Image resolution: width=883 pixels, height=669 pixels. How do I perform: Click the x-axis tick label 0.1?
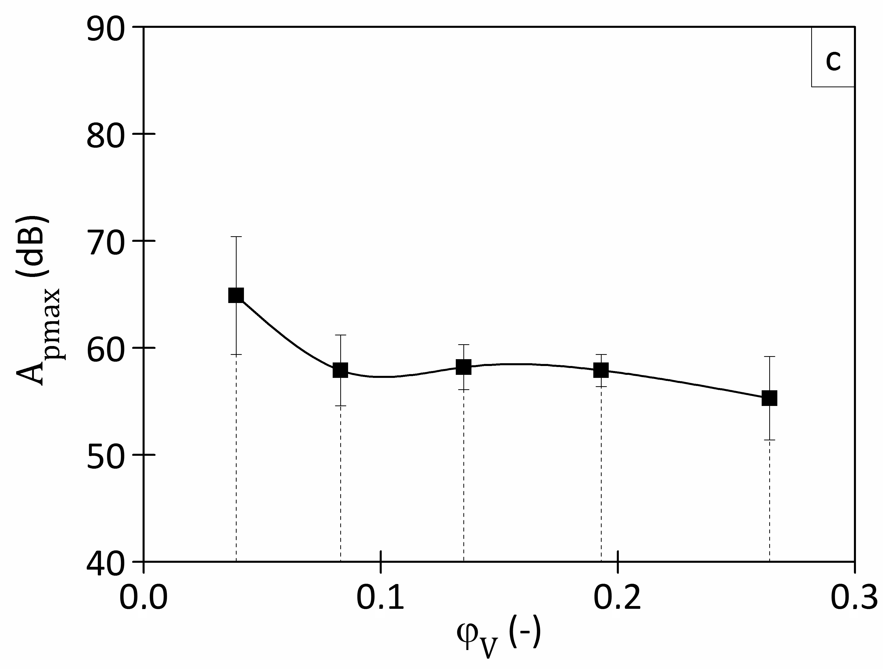pos(380,597)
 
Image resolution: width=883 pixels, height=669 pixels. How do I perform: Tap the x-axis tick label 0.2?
pos(618,597)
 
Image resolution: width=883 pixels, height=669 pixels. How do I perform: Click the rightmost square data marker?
pos(769,398)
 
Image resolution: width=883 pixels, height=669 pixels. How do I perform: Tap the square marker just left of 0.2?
pos(601,370)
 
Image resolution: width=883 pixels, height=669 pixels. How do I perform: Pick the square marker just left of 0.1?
pos(341,370)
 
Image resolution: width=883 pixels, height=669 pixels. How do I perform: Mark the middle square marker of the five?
pos(463,367)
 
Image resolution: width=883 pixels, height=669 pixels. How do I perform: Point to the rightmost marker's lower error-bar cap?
pos(769,440)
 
